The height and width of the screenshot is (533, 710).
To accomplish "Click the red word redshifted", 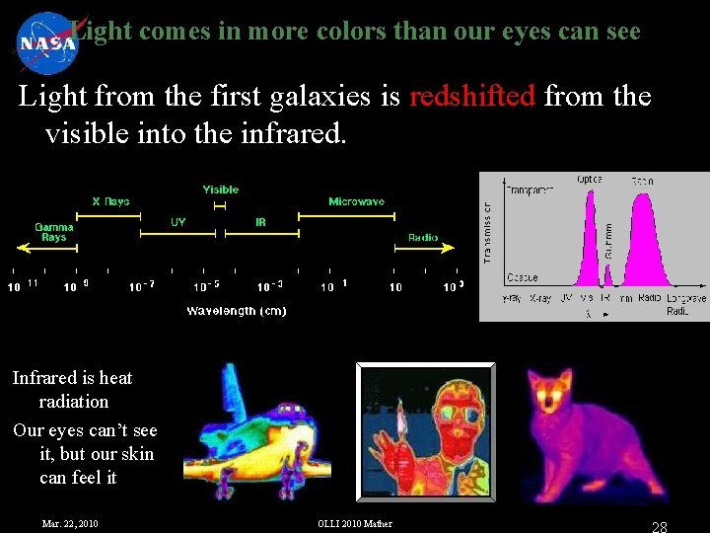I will click(x=471, y=97).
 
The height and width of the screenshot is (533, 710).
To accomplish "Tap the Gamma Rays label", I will click(x=54, y=232).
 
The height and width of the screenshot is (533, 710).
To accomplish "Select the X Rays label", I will click(x=110, y=201).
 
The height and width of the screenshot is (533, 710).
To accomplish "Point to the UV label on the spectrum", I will click(x=177, y=222).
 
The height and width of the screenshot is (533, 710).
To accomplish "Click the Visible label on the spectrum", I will click(x=221, y=190).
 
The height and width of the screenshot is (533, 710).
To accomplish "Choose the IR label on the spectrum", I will click(x=260, y=222).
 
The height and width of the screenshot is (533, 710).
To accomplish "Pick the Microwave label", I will click(x=356, y=201).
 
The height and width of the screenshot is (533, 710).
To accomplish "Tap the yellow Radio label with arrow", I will click(x=423, y=238).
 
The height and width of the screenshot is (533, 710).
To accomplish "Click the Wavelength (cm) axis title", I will click(x=236, y=311).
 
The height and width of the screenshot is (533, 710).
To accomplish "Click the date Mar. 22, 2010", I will click(x=70, y=523).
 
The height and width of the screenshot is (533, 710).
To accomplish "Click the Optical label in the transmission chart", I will click(x=591, y=180).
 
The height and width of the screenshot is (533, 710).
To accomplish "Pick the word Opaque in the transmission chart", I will click(x=522, y=277).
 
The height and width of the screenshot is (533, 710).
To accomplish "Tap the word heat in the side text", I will click(x=115, y=378).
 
